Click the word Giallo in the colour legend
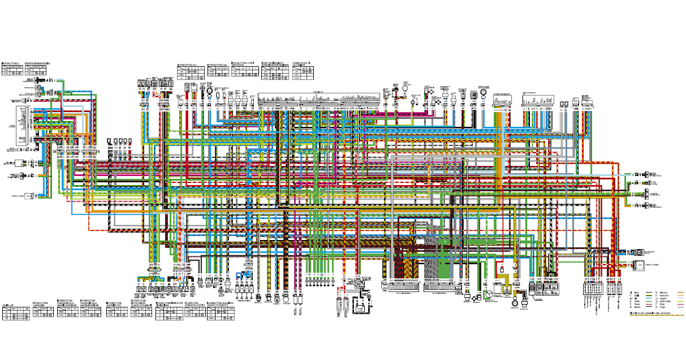(x=637, y=295)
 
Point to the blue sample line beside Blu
(x=649, y=298)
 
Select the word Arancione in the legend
(x=664, y=295)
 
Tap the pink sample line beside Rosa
(x=680, y=304)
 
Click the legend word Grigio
(x=663, y=307)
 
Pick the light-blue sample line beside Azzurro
(x=680, y=298)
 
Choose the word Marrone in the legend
(x=663, y=293)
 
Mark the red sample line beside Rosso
(x=649, y=304)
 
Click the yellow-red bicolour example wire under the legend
(x=657, y=315)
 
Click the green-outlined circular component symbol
(x=488, y=294)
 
